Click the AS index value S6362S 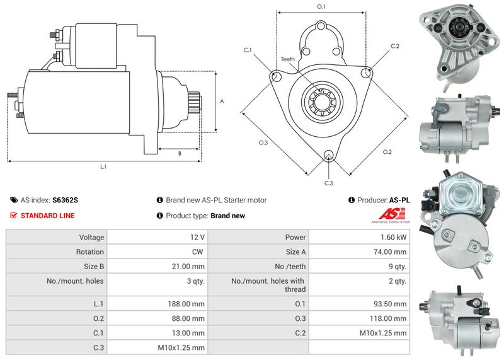tap(65, 200)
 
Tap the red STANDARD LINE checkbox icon tap(14, 216)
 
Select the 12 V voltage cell tap(197, 237)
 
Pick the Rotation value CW tap(198, 252)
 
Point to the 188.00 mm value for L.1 tap(190, 303)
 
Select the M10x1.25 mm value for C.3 tap(182, 347)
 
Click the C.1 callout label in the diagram tap(248, 50)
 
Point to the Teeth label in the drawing tap(287, 59)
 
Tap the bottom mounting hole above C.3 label tap(328, 156)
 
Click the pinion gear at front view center tap(321, 102)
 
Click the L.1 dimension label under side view tap(103, 167)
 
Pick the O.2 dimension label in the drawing tap(387, 152)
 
